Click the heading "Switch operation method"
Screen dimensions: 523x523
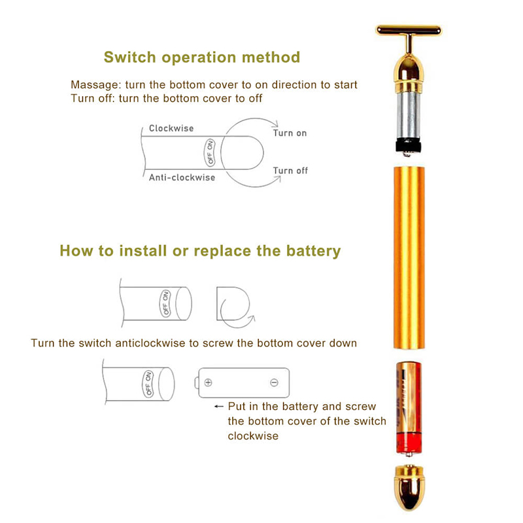201,57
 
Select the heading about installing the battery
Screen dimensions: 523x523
200,250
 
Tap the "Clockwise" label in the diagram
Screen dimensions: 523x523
171,128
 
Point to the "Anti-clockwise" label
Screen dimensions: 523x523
182,177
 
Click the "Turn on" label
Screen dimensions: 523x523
290,133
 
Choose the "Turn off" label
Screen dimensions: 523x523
290,171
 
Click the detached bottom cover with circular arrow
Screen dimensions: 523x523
233,306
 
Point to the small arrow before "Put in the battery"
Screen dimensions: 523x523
219,406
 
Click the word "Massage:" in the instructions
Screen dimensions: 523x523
93,85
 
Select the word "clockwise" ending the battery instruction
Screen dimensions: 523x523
253,435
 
